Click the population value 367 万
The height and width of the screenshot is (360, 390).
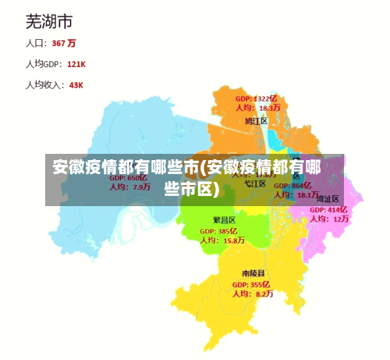point(64,43)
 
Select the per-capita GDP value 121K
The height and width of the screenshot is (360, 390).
point(76,64)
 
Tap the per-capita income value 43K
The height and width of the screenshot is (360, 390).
point(76,85)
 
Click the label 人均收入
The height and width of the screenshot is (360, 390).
point(44,85)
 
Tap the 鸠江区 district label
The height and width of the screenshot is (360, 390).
point(256,121)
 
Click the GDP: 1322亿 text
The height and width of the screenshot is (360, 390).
point(256,98)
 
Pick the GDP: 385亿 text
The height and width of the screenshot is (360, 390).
point(218,231)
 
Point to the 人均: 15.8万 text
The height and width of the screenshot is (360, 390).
point(222,241)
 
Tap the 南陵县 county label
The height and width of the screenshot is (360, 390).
point(253,273)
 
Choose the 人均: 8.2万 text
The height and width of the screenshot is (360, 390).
point(253,294)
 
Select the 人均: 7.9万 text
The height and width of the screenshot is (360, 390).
point(129,187)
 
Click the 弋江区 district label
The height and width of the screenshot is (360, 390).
point(256,185)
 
